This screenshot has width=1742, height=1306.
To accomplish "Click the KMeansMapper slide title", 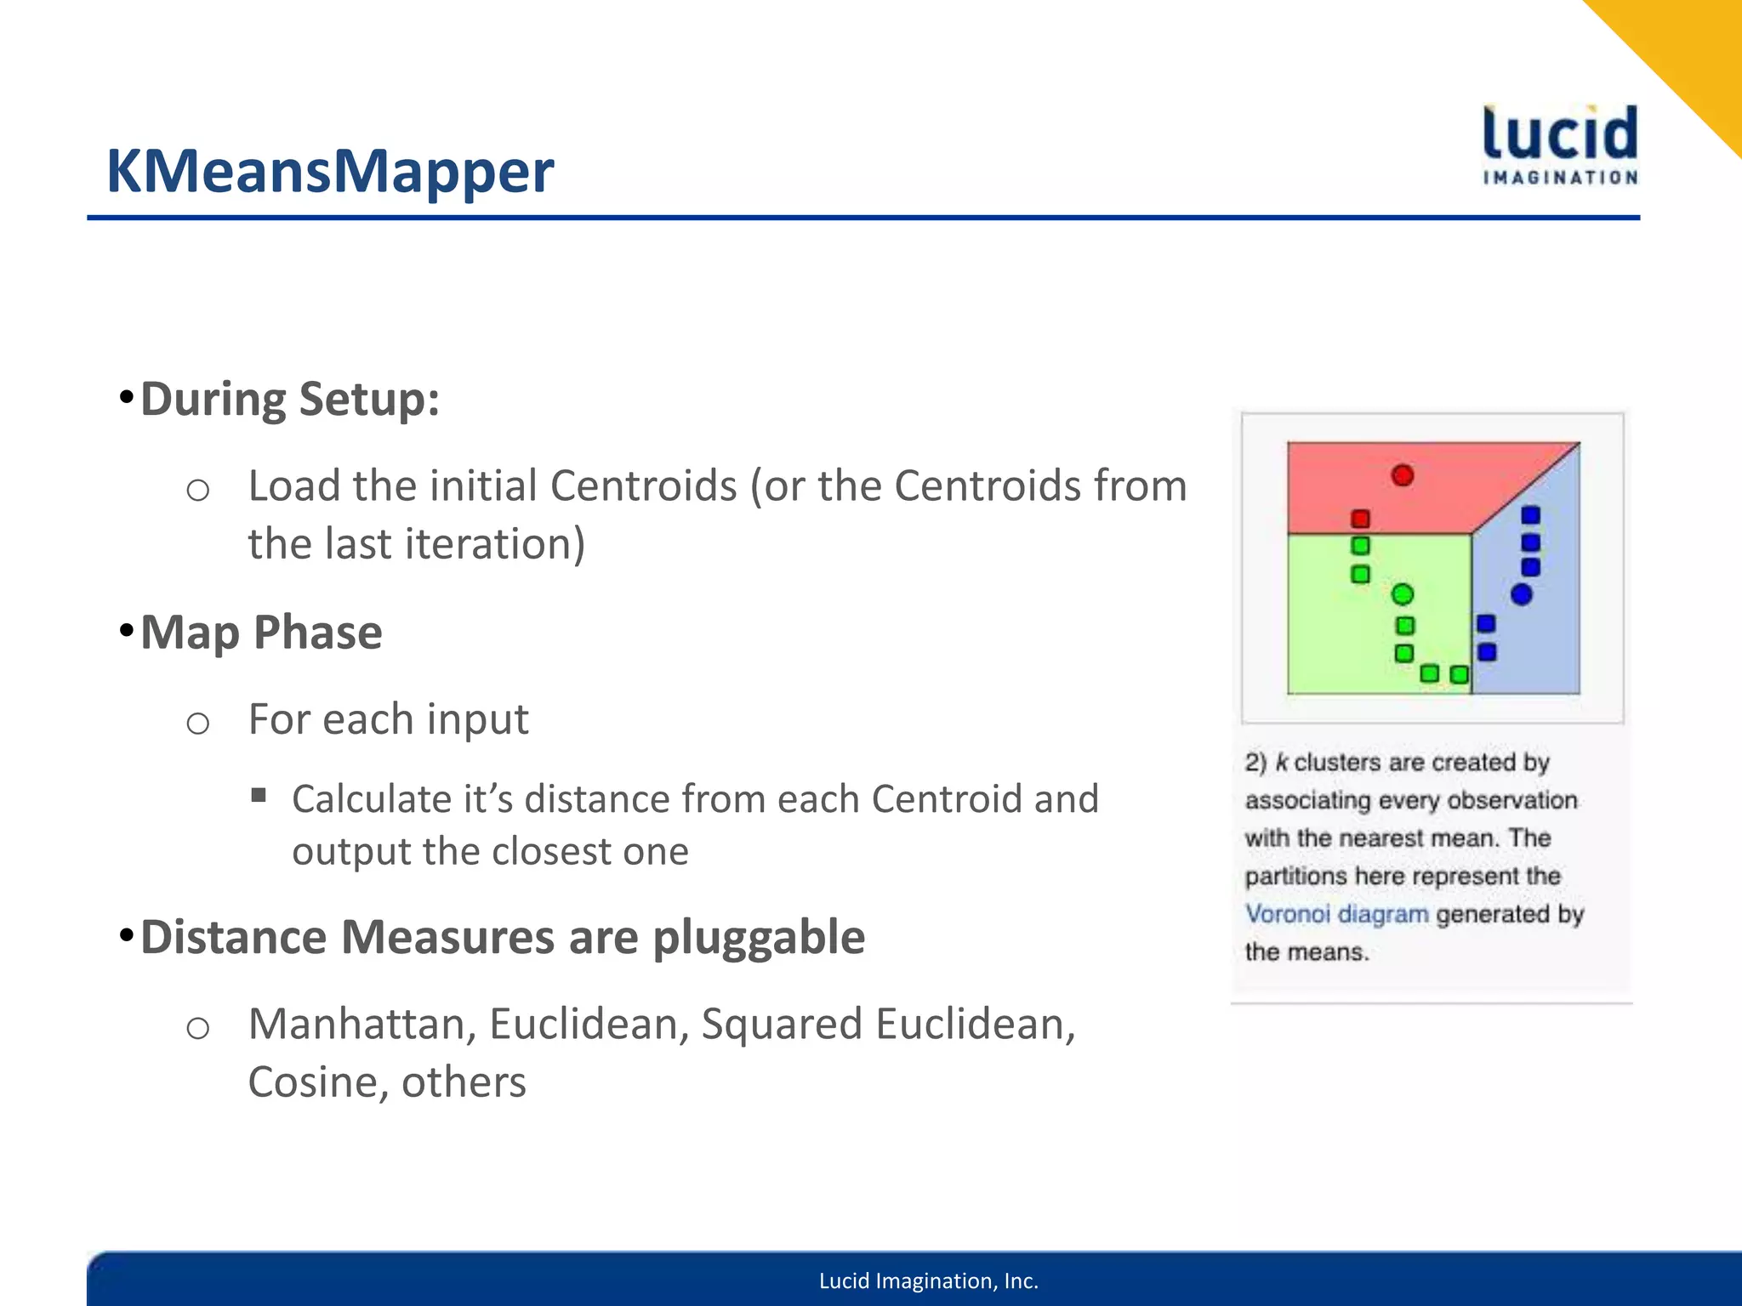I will click(x=329, y=172).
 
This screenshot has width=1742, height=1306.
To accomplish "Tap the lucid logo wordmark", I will click(x=1560, y=134).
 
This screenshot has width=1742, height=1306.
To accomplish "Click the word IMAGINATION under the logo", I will click(x=1560, y=178).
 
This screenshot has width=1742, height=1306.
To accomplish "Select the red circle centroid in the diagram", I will click(x=1403, y=475).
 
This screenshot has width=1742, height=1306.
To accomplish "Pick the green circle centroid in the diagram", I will click(x=1403, y=594).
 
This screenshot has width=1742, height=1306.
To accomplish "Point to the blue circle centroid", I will click(x=1521, y=594).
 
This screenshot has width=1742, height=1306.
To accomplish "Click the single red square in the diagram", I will click(x=1360, y=519).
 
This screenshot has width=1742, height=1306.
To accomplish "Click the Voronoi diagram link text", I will click(x=1336, y=914).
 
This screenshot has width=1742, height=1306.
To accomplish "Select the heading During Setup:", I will click(x=290, y=400).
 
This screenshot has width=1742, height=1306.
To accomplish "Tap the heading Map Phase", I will click(x=261, y=633).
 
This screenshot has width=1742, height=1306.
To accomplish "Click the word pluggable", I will click(x=759, y=937).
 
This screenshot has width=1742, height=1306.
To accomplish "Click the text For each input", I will click(x=388, y=719).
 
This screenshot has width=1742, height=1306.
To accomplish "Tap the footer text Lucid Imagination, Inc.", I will click(x=928, y=1280).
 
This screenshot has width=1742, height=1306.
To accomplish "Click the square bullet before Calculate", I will click(x=259, y=797).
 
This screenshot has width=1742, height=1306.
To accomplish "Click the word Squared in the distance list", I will click(x=781, y=1024).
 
